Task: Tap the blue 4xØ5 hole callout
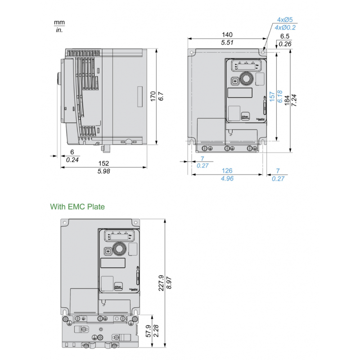tap(285, 20)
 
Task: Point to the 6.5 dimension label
tap(285, 36)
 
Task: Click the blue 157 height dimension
tap(272, 97)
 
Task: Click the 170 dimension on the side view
tap(153, 97)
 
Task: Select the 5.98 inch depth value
tap(104, 171)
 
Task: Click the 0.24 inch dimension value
tap(72, 160)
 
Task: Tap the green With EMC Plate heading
tap(77, 207)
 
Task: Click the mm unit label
tap(59, 22)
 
